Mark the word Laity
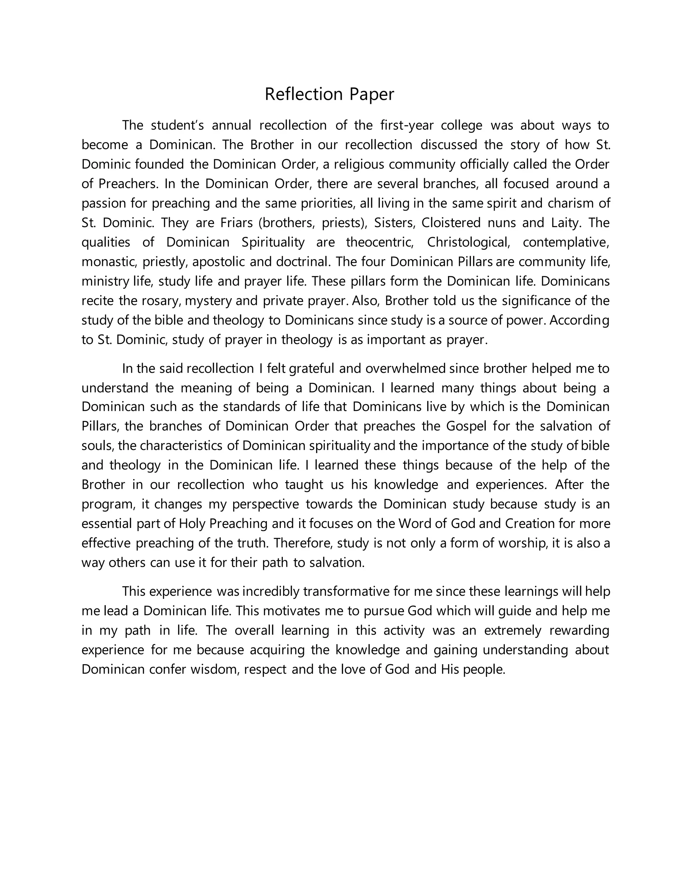coord(565,223)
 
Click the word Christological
coord(469,242)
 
